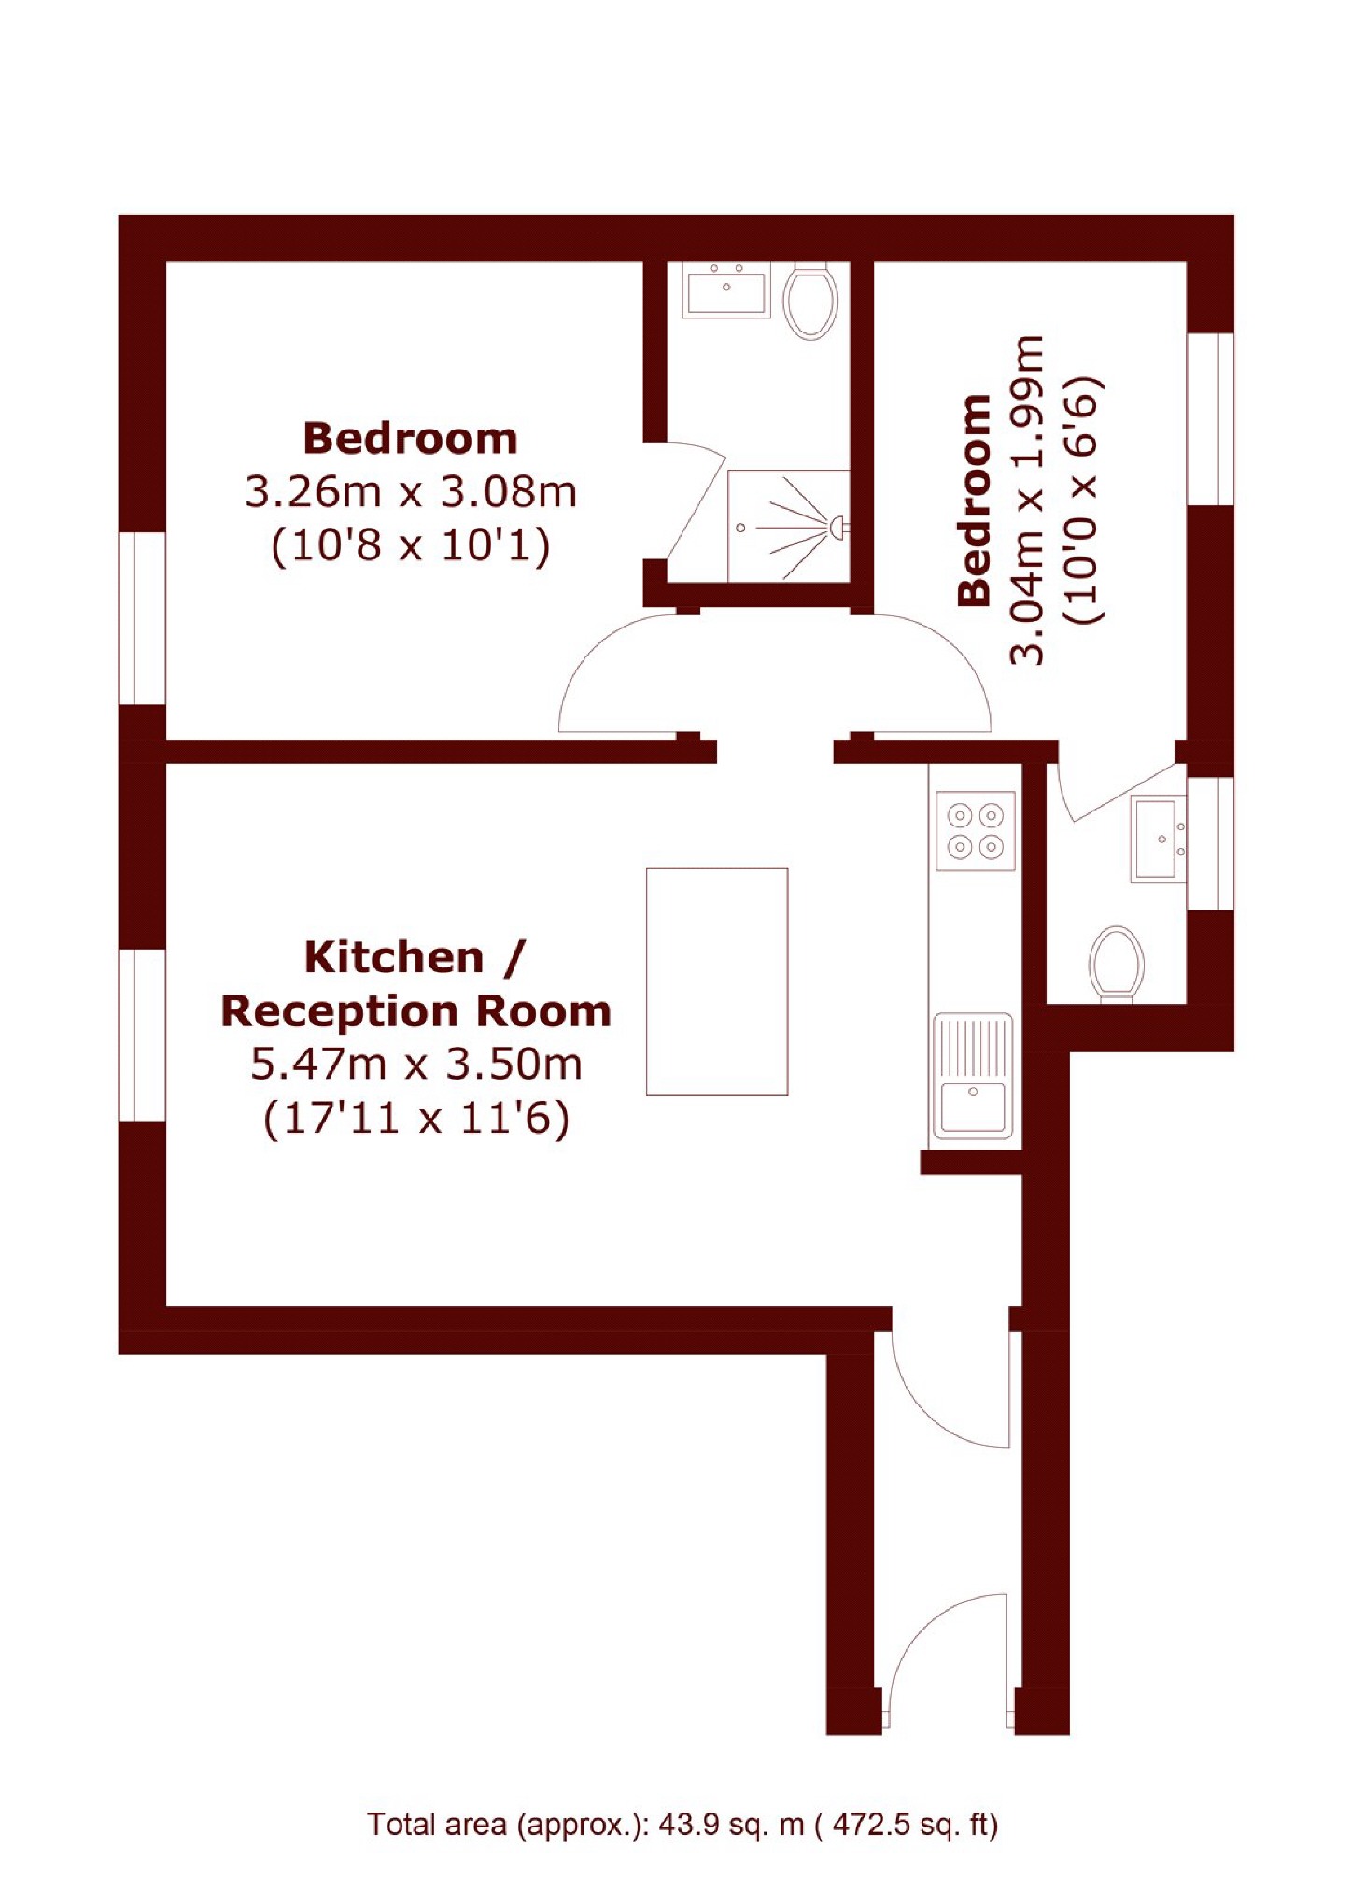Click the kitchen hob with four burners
[x=975, y=830]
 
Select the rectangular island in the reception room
[x=716, y=981]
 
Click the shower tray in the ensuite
[x=787, y=525]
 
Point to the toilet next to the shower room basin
[x=809, y=301]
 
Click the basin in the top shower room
[x=725, y=289]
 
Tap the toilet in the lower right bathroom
[x=1117, y=963]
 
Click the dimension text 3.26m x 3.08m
[x=411, y=492]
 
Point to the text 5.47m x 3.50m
[x=416, y=1064]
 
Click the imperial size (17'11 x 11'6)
[x=416, y=1118]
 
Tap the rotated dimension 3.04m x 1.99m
[x=1027, y=500]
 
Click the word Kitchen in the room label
[x=394, y=957]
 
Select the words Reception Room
[x=416, y=1010]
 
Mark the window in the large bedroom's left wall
[x=142, y=618]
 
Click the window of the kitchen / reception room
[x=142, y=1035]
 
